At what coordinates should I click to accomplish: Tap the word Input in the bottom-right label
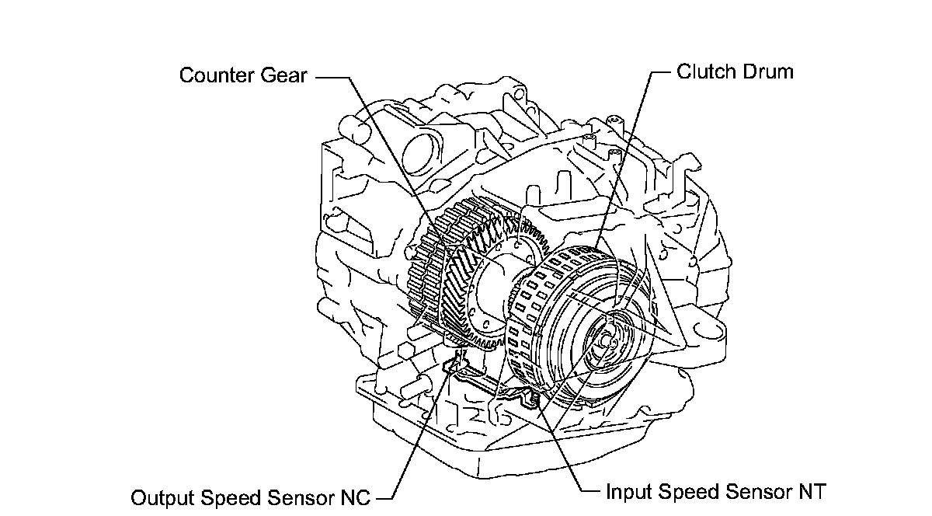tap(626, 492)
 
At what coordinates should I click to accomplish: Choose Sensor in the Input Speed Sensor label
tap(751, 492)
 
